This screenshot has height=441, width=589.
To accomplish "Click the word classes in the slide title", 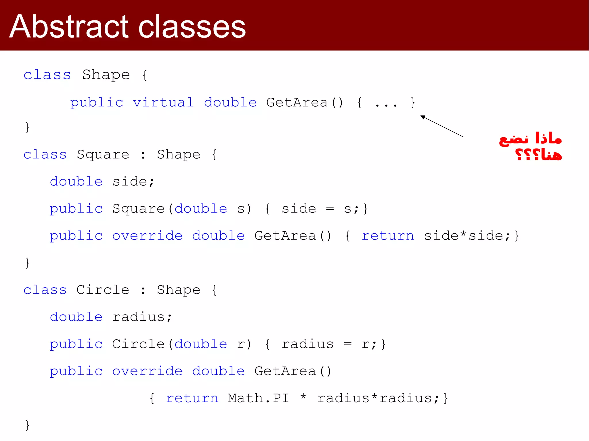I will pos(192,26).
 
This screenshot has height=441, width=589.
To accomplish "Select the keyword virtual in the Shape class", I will pos(163,103).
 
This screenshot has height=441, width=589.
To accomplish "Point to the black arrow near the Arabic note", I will pos(441,126).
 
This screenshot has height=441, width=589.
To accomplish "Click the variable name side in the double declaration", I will pos(130,182).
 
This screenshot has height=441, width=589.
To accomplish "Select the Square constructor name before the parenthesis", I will pos(138,209).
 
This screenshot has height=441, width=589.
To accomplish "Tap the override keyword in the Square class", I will pos(147,236).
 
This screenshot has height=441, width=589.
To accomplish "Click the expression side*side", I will pos(463,236).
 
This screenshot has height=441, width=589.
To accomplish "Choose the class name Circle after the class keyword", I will pos(103,290).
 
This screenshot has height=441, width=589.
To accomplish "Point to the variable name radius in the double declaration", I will pos(138,317).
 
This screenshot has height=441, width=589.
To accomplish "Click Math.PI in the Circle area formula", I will pos(258,398).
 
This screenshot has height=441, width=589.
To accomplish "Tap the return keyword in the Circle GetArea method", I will pos(192,398).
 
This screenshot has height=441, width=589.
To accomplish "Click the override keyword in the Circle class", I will pos(147,371).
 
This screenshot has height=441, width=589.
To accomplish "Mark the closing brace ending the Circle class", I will pos(27,425).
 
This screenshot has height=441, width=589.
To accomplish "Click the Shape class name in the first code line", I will pos(106,75).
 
